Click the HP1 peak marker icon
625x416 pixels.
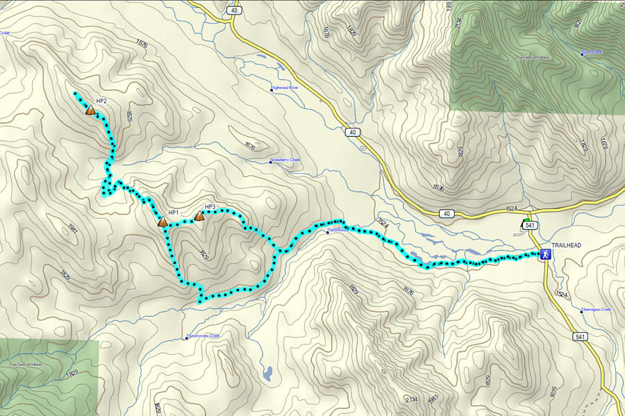tap(162, 222)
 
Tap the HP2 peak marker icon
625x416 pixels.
tap(90, 110)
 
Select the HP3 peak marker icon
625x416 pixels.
tap(199, 216)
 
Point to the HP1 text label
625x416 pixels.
tap(174, 213)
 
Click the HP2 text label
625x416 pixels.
tap(101, 101)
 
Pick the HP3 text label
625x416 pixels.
tap(210, 207)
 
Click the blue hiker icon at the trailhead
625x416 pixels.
tap(546, 255)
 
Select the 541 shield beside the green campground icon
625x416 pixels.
tap(530, 226)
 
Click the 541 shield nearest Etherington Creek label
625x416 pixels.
tap(580, 337)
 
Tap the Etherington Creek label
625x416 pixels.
tap(597, 310)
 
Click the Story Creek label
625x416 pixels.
tap(592, 53)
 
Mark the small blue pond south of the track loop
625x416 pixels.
tap(267, 373)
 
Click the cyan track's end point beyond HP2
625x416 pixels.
tap(75, 93)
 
